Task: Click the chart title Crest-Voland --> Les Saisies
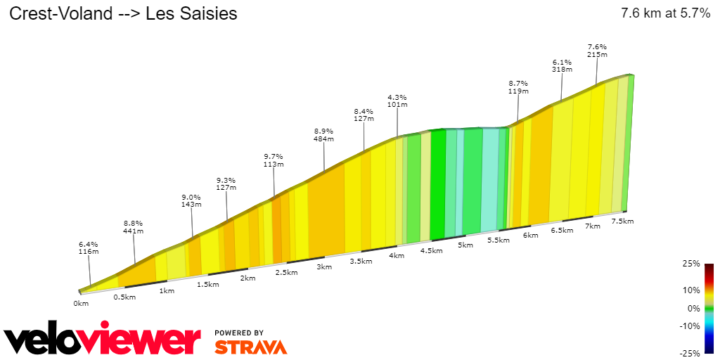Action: [x=122, y=13]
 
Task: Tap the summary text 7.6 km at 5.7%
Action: [x=665, y=13]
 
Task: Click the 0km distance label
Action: [x=81, y=304]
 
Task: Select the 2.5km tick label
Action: [x=285, y=272]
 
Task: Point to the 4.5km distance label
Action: [x=431, y=250]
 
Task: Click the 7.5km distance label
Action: [x=622, y=221]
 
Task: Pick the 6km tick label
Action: [x=531, y=235]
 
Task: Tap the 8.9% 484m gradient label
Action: [x=323, y=134]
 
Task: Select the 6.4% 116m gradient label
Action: [x=89, y=247]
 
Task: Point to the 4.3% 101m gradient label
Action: [x=397, y=101]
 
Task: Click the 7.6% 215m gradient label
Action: [x=597, y=50]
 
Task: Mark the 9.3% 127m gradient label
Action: [x=226, y=184]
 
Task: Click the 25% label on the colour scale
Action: [x=691, y=264]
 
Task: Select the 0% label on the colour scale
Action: [x=693, y=308]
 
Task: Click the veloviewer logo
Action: [x=102, y=340]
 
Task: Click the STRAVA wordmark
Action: [x=250, y=347]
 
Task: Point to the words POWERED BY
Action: [x=239, y=333]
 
